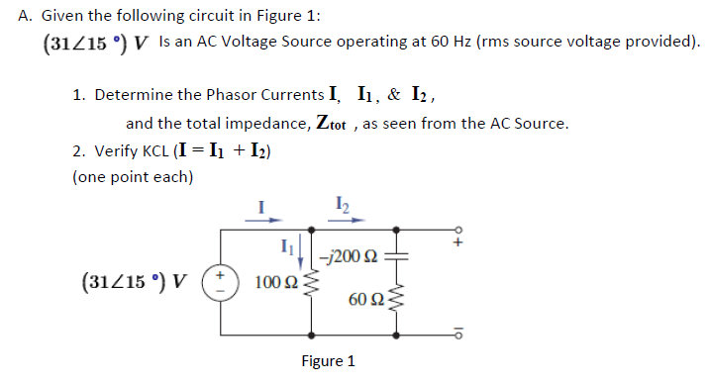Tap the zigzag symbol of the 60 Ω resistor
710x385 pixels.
(398, 300)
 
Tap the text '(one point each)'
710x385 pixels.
(133, 177)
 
